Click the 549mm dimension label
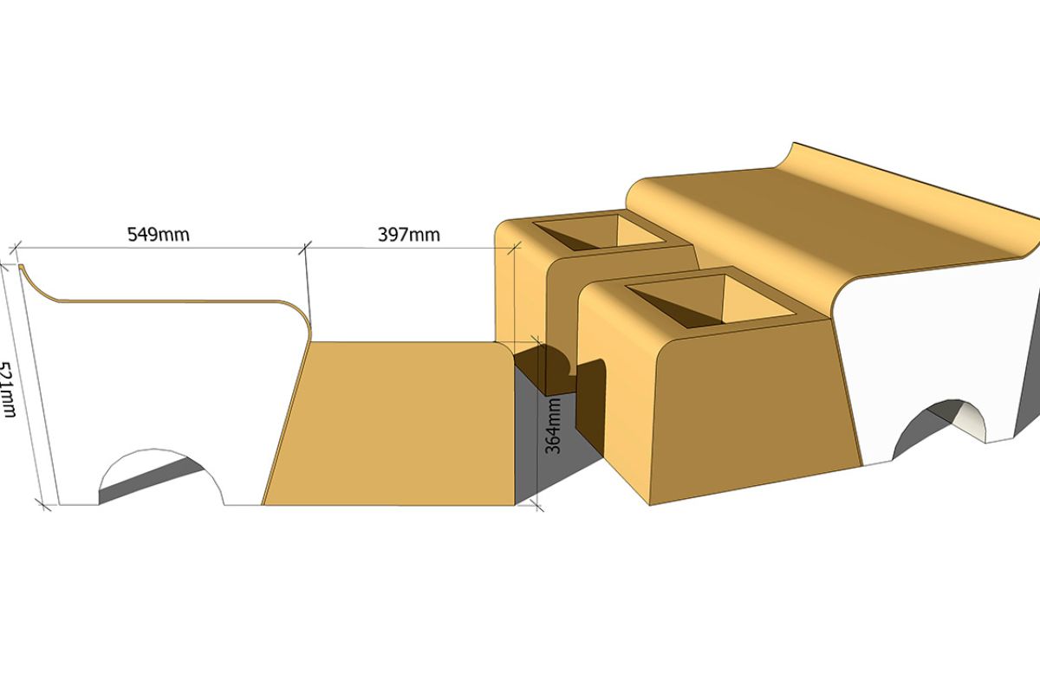pos(159,235)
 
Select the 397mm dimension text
pos(408,235)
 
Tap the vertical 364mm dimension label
pos(553,425)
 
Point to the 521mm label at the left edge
pos(8,390)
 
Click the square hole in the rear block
pos(600,231)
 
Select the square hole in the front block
pos(711,301)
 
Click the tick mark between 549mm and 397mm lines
pos(305,248)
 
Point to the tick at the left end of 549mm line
pos(16,248)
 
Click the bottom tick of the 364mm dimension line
pos(538,506)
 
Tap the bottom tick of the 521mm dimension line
pos(42,505)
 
